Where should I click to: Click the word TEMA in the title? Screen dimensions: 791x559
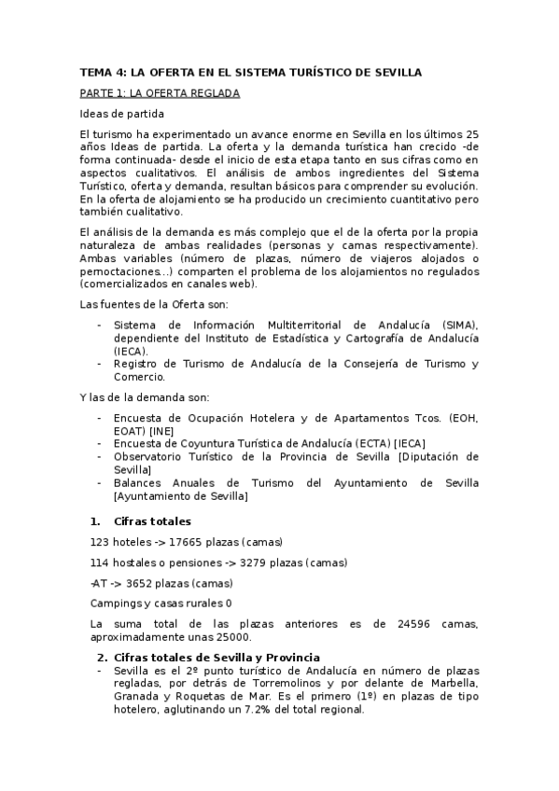pyautogui.click(x=94, y=72)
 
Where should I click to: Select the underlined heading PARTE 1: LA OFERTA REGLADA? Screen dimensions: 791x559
pyautogui.click(x=160, y=93)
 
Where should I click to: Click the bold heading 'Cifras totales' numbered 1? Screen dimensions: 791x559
pyautogui.click(x=152, y=521)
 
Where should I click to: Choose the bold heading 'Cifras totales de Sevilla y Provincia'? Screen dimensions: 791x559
pyautogui.click(x=217, y=658)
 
